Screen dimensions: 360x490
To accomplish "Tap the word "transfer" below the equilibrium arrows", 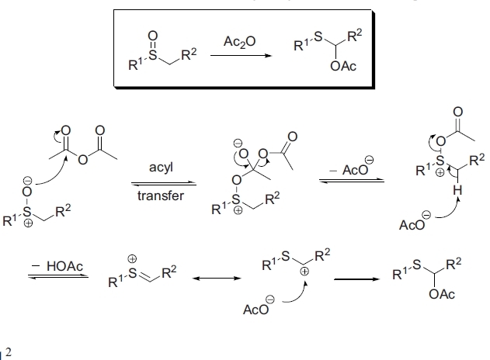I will tap(161, 195).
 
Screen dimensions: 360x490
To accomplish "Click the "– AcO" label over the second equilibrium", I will tap(349, 168).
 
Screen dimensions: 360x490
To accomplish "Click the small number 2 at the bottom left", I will tap(9, 351).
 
